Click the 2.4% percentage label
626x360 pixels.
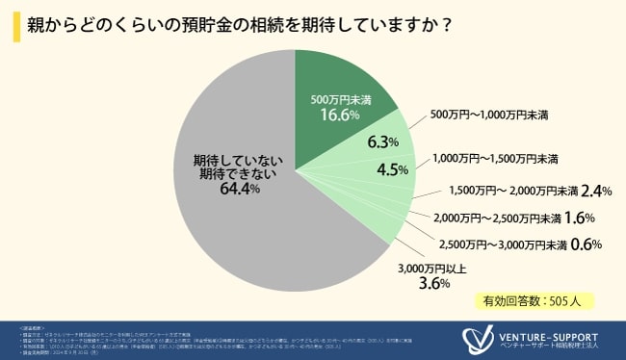(598, 190)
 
